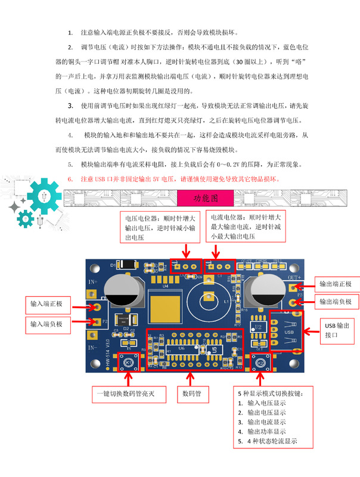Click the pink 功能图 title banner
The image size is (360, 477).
tap(206, 197)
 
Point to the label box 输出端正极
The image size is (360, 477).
tap(336, 284)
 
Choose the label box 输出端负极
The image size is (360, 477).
tap(336, 302)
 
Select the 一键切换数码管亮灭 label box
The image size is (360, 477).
tap(126, 394)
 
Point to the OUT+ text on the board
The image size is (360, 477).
tap(294, 277)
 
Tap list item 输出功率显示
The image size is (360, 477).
tap(266, 431)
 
